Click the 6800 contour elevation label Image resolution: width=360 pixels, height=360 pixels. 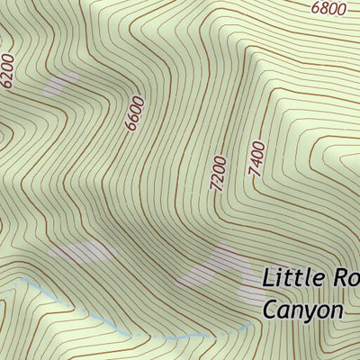coord(328,9)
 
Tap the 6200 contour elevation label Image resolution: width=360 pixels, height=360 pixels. coord(9,70)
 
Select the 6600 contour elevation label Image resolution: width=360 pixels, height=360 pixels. coord(135,113)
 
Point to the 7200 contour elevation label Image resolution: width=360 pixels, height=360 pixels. coord(217,172)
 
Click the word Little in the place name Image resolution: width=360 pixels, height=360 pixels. coord(292,277)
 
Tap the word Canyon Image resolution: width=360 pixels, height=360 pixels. coord(303,310)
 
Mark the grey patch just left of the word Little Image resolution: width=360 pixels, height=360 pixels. coord(216,270)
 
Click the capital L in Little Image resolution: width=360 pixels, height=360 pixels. coord(268,277)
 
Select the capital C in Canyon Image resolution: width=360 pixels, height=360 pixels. coord(271,310)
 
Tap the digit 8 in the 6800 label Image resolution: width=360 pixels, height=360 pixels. coord(322,9)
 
